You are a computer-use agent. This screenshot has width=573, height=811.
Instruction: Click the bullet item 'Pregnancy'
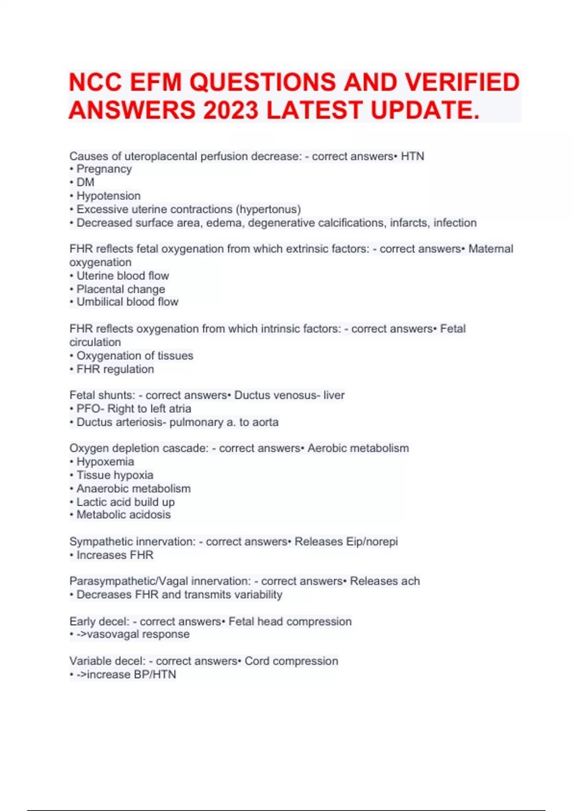pyautogui.click(x=104, y=169)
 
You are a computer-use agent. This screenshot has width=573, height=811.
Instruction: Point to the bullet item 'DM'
pyautogui.click(x=85, y=182)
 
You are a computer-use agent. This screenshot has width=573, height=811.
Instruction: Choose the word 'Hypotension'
pyautogui.click(x=108, y=196)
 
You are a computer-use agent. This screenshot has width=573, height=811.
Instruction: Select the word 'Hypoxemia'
pyautogui.click(x=105, y=462)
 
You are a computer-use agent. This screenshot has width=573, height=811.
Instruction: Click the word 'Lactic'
pyautogui.click(x=92, y=502)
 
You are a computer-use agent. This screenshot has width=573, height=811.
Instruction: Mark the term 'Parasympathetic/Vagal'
pyautogui.click(x=121, y=581)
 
